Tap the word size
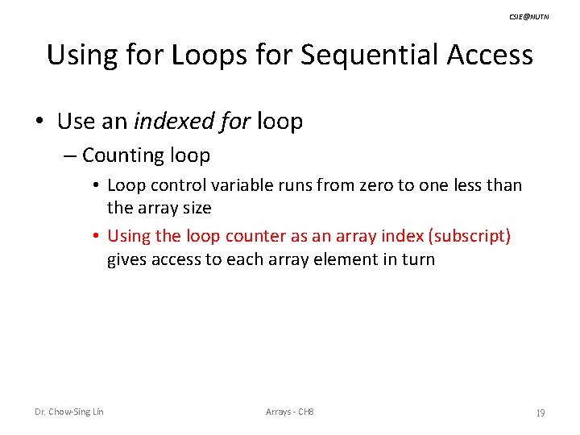pyautogui.click(x=196, y=208)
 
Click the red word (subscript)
pyautogui.click(x=470, y=236)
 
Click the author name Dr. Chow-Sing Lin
pyautogui.click(x=69, y=412)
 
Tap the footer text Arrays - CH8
pyautogui.click(x=290, y=412)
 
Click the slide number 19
pyautogui.click(x=540, y=412)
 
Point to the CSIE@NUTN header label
pyautogui.click(x=529, y=16)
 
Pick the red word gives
pyautogui.click(x=127, y=259)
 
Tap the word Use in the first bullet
pyautogui.click(x=76, y=122)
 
